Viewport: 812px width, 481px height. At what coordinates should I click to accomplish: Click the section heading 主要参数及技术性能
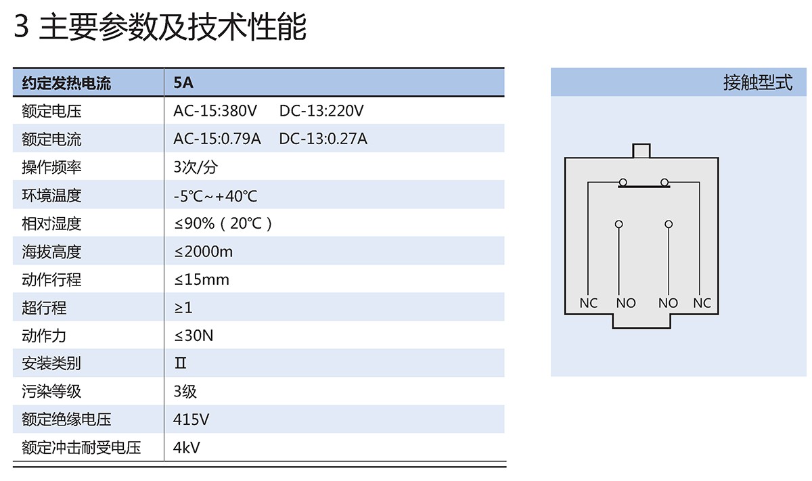click(173, 27)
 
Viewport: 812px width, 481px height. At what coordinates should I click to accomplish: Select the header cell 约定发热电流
click(66, 83)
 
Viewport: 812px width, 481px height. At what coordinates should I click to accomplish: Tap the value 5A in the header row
click(183, 83)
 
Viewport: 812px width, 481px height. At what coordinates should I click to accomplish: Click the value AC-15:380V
click(215, 111)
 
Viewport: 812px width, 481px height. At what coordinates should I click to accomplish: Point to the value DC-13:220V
click(321, 111)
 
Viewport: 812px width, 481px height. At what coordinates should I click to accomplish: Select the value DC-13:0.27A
click(323, 139)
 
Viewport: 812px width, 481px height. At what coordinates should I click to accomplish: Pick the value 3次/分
click(196, 167)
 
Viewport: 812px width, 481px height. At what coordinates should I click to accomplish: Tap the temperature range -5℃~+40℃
click(215, 196)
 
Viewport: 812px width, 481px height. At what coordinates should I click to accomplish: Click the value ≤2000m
click(203, 252)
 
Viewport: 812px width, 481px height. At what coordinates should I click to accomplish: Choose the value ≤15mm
click(202, 279)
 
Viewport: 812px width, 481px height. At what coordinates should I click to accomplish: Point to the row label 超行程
click(44, 308)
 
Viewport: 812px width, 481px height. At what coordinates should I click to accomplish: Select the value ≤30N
click(194, 336)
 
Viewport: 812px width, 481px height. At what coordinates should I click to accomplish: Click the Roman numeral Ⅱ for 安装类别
click(181, 363)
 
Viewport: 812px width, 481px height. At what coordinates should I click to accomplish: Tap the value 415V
click(191, 419)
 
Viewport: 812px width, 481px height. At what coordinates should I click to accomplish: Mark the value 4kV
click(187, 447)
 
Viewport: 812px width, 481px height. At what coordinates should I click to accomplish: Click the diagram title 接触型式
click(757, 83)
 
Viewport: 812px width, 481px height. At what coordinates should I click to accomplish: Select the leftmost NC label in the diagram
click(589, 303)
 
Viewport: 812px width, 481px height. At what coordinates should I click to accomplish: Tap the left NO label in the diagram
click(626, 303)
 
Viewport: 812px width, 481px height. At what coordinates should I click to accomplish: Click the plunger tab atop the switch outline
click(640, 150)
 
